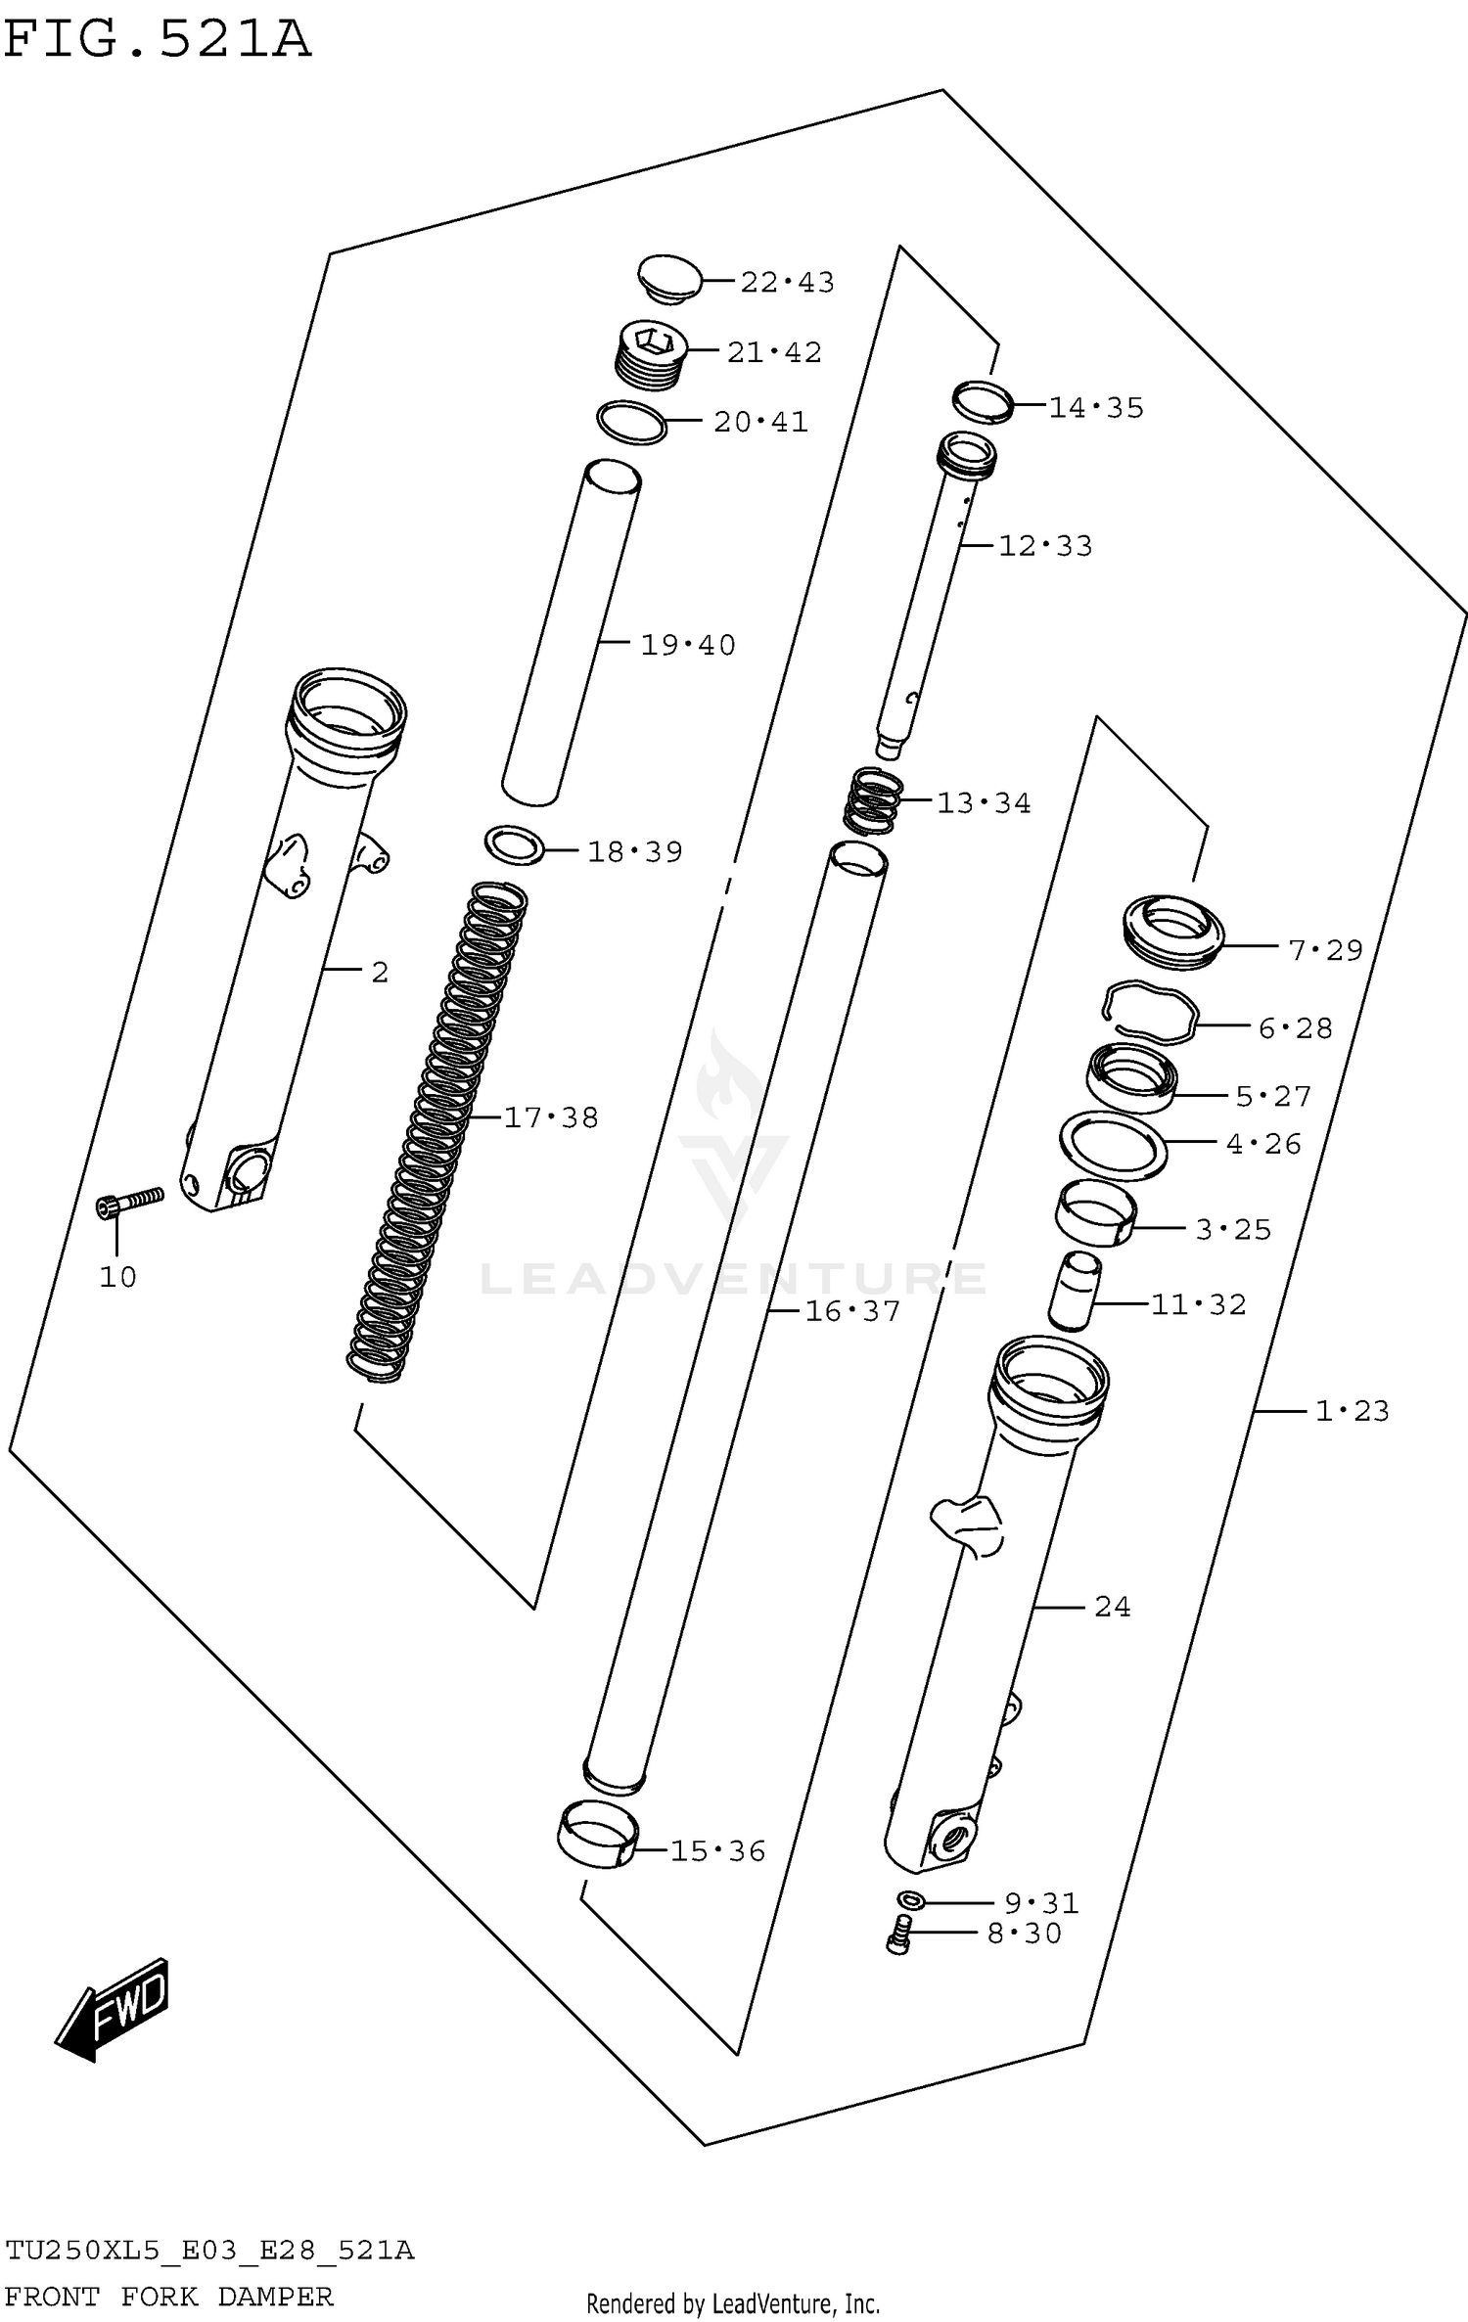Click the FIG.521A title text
tap(157, 41)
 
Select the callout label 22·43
tap(787, 283)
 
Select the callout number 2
tap(380, 973)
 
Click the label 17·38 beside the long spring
tap(551, 1117)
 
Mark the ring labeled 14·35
tap(983, 401)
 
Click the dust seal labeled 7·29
tap(1171, 932)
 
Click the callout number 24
tap(1112, 1607)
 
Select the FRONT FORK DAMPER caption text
tap(169, 2296)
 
